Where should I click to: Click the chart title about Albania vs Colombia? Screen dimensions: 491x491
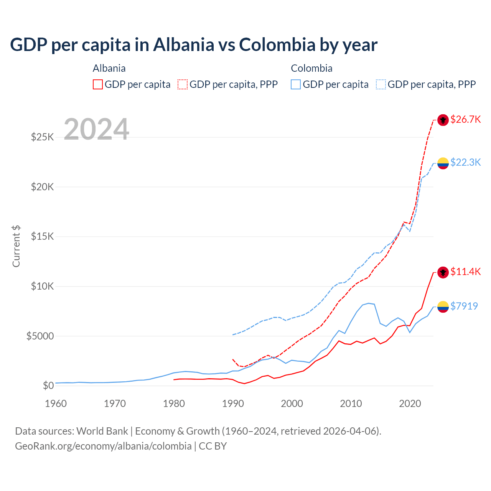point(194,45)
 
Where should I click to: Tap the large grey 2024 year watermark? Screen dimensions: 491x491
point(96,129)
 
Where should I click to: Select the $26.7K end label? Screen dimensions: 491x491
point(465,120)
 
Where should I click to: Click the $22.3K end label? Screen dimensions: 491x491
point(465,163)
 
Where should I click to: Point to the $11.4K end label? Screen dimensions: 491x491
point(465,272)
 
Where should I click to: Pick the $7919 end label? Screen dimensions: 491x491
point(464,306)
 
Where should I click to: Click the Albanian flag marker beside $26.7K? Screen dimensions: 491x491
point(443,120)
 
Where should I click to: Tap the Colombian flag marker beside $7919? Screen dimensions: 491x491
point(443,306)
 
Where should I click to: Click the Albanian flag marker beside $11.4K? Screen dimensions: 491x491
point(443,272)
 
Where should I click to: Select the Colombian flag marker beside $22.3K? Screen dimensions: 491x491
point(443,163)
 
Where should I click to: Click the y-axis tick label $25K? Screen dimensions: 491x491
point(42,137)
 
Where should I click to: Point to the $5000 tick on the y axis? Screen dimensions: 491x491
point(40,336)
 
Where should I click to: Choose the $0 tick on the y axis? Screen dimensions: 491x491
point(48,386)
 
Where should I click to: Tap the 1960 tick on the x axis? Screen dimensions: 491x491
point(56,404)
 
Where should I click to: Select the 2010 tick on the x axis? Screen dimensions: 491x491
point(351,404)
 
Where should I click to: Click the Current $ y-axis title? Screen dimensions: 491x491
point(16,246)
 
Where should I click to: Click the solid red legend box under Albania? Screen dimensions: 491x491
point(98,84)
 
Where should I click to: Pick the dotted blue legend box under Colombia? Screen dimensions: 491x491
point(381,84)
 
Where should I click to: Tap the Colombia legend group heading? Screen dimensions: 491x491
point(311,69)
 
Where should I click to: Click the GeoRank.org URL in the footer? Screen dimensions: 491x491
point(103,446)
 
